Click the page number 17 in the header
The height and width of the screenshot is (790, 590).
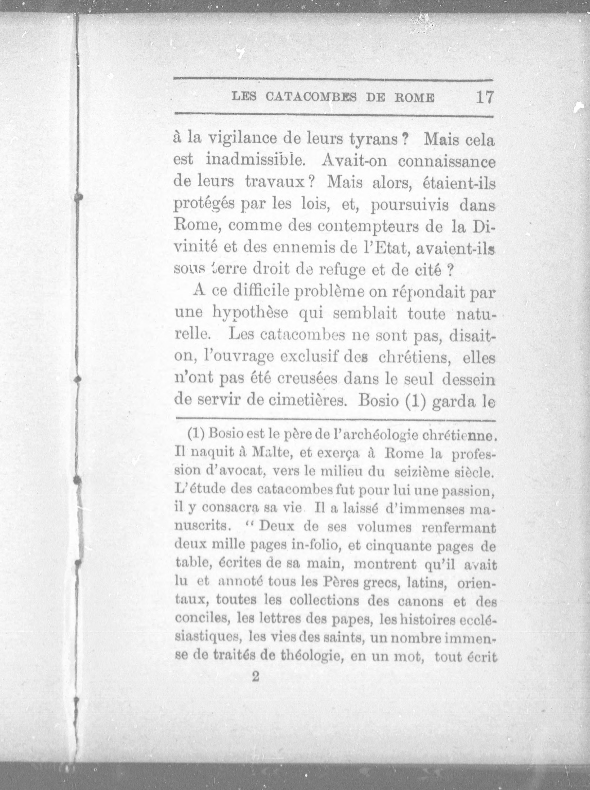484,97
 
